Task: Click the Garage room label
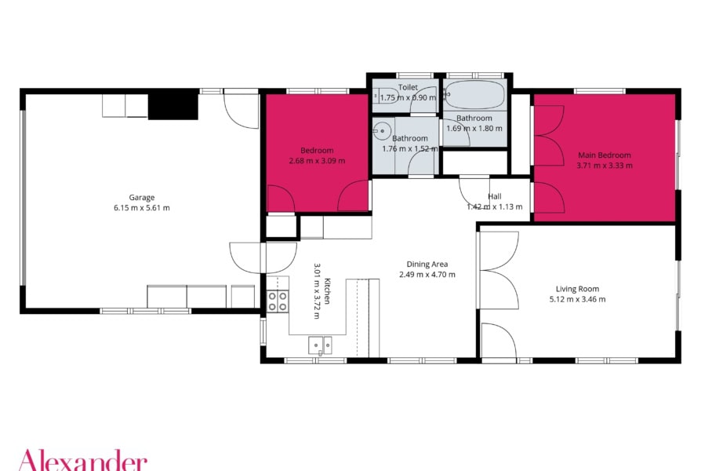(x=142, y=198)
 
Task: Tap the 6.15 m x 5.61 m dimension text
(x=142, y=208)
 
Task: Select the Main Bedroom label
(x=605, y=155)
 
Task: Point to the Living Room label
(x=577, y=289)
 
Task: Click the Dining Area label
(x=427, y=265)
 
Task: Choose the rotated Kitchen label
(x=327, y=291)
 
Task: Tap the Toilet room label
(x=408, y=87)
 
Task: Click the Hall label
(x=495, y=196)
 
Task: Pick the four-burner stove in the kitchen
(x=277, y=301)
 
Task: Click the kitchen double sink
(x=320, y=345)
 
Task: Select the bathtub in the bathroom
(x=475, y=95)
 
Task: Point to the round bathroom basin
(x=382, y=131)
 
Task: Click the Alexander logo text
(x=82, y=460)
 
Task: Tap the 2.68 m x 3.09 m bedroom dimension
(x=317, y=161)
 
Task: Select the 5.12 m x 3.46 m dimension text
(x=577, y=300)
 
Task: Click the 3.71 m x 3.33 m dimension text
(x=605, y=166)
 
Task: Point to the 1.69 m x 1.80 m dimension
(x=474, y=129)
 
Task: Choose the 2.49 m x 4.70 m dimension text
(x=427, y=275)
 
